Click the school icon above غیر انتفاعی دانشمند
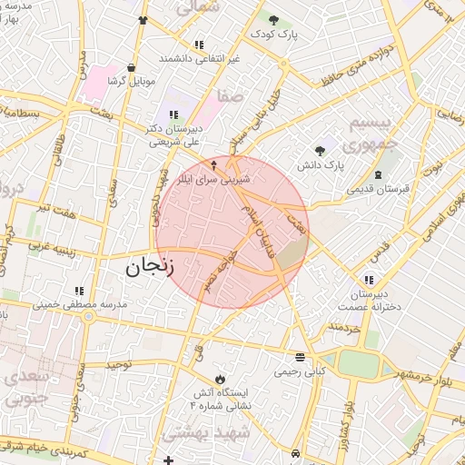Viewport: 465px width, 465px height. tap(199, 44)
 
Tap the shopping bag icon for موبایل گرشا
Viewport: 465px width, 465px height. tap(133, 66)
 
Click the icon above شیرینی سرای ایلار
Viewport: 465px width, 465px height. tap(214, 165)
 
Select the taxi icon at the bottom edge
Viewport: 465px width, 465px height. tap(297, 451)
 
